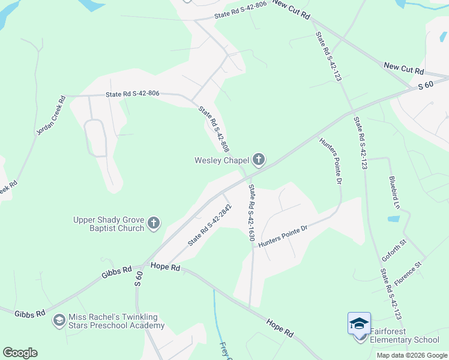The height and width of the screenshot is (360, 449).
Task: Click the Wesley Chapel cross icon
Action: coord(259,160)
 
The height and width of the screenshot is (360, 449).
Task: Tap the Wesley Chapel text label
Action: coord(221,160)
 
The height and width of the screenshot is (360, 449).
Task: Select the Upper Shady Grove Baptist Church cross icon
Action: coord(153,224)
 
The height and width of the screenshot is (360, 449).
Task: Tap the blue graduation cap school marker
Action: coord(359,324)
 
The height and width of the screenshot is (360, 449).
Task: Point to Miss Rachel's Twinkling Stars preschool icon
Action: coord(59,320)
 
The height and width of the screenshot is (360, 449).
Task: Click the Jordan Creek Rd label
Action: coord(50,115)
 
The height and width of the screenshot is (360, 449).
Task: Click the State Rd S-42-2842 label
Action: coord(209,225)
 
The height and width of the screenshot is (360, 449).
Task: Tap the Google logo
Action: coord(20,353)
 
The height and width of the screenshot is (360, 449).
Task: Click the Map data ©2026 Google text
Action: coord(412,355)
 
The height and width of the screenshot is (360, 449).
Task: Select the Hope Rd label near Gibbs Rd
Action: coord(166,266)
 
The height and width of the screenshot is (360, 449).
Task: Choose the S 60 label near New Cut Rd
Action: coord(425,86)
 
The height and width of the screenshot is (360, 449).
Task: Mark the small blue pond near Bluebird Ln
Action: coord(394,219)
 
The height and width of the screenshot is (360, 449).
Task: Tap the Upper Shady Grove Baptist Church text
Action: coord(109,224)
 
